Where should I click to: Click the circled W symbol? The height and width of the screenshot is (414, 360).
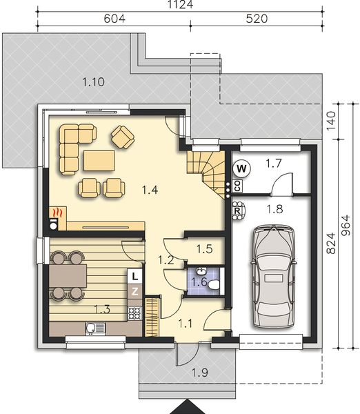241,167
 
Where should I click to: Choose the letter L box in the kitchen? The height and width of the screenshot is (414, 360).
135,277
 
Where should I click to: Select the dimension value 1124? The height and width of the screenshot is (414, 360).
181,5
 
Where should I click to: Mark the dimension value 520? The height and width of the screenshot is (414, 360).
254,19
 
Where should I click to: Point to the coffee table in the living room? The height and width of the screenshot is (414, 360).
99,160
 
